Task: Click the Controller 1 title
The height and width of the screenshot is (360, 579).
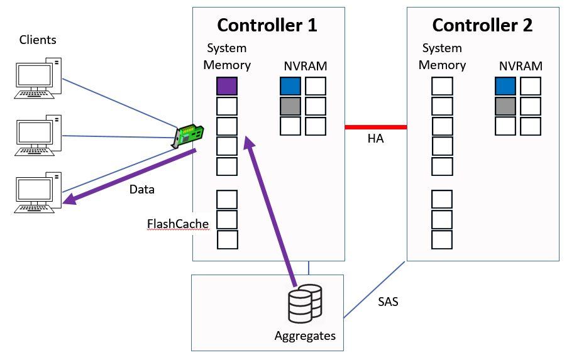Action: [x=267, y=25]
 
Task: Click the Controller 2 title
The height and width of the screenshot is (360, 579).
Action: [x=482, y=25]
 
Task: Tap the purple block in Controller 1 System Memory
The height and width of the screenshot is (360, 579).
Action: [x=227, y=86]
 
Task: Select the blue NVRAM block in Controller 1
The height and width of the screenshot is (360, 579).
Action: [x=290, y=86]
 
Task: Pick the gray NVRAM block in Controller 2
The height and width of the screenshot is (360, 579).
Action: [x=505, y=106]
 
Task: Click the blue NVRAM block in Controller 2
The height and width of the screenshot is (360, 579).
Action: [x=505, y=86]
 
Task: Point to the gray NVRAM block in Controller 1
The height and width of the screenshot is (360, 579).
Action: [x=290, y=106]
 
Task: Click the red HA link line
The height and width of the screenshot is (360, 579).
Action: [x=376, y=127]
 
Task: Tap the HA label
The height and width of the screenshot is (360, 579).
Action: [x=376, y=139]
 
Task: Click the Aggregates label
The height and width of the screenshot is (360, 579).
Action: [x=305, y=335]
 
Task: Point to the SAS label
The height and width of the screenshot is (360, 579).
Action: [x=388, y=302]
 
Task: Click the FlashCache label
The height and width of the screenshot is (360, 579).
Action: [x=178, y=224]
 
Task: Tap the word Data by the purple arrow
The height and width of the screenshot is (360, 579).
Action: [x=141, y=189]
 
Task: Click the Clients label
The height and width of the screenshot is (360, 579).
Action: [x=38, y=40]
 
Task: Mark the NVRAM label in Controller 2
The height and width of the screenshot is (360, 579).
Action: [x=521, y=66]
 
